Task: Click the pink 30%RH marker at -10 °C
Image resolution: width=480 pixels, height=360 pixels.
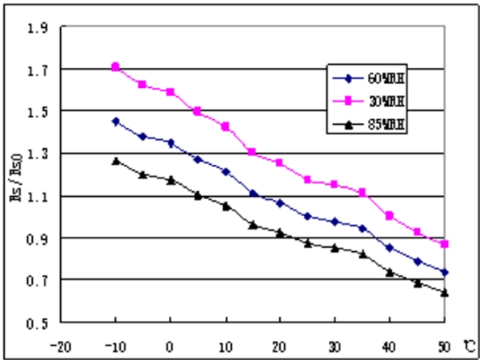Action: pos(115,67)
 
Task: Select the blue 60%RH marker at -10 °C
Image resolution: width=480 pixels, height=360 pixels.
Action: pos(115,122)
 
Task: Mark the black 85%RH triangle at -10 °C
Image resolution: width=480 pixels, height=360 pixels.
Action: pos(115,161)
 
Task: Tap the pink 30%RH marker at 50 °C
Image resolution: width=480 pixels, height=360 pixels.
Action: pos(444,243)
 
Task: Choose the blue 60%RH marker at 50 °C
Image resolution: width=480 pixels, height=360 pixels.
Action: pos(444,272)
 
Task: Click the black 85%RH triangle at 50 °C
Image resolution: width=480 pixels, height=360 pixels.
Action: pos(444,292)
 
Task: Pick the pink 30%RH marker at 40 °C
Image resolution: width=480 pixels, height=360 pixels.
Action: pos(390,215)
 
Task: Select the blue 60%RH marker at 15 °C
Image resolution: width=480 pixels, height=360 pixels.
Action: pos(253,194)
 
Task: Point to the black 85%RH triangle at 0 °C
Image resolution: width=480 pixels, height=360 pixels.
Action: pos(170,180)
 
